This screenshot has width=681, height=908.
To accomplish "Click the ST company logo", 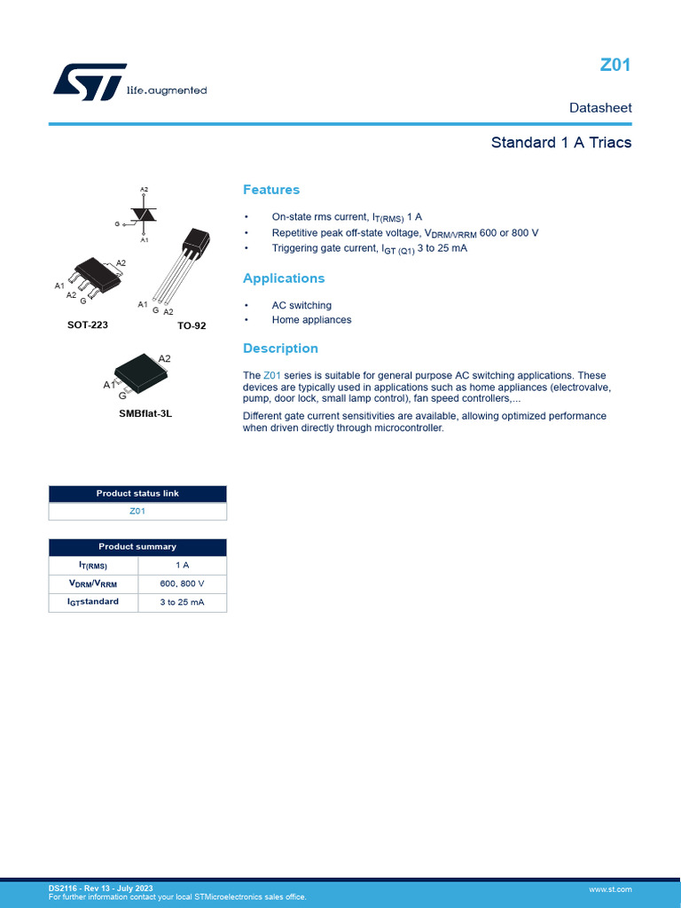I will [x=90, y=82].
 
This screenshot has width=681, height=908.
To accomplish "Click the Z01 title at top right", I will [x=614, y=66].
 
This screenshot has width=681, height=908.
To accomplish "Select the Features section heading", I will [x=271, y=190].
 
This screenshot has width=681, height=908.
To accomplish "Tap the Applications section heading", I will [x=284, y=278].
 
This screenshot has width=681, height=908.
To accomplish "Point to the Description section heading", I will [x=280, y=348].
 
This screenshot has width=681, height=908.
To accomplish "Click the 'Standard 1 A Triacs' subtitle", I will [x=560, y=143].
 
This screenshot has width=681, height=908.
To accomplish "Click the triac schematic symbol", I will [x=143, y=215].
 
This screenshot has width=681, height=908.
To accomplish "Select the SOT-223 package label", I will [x=88, y=325].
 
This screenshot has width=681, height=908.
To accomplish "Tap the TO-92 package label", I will [x=192, y=326].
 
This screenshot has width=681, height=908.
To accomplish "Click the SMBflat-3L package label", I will [x=145, y=413].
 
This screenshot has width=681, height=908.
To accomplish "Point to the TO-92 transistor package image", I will [x=187, y=262].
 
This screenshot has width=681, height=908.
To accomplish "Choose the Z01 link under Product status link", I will [x=137, y=512].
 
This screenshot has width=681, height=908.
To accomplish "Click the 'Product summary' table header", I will [x=137, y=547].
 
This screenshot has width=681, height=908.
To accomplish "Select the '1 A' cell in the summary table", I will [x=182, y=566].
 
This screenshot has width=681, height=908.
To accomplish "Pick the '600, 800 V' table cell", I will [x=182, y=584].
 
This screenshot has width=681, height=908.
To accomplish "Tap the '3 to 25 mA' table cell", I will [x=182, y=602].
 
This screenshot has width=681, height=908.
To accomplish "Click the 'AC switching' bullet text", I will [x=301, y=306].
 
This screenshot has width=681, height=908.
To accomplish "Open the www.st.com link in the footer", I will [x=610, y=888].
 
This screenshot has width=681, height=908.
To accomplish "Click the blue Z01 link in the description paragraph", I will [x=272, y=376].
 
